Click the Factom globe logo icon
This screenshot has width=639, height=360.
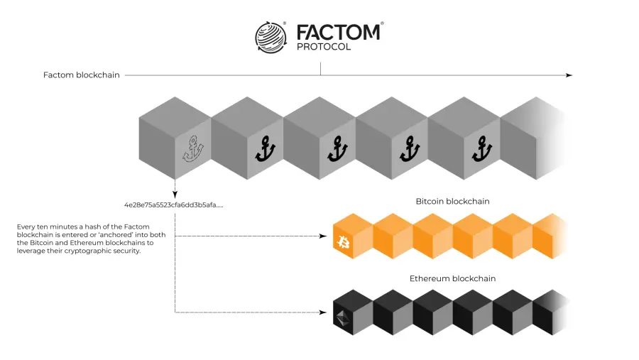click(x=271, y=37)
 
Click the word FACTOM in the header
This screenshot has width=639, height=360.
click(x=338, y=32)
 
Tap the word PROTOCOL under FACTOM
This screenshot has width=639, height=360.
click(x=324, y=47)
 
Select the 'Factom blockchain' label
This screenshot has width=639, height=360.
click(x=82, y=75)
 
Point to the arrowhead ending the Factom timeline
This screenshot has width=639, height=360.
click(x=569, y=75)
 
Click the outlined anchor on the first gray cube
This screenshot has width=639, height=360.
click(x=193, y=149)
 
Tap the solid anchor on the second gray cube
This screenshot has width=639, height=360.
click(x=266, y=149)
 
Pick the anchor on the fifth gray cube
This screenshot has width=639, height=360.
click(x=482, y=149)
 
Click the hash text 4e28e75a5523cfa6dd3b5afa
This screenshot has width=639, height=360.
click(x=174, y=204)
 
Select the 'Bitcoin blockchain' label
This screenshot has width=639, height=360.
click(x=452, y=202)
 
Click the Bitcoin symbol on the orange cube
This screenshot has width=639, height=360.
click(x=344, y=242)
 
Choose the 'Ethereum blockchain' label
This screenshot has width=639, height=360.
click(x=452, y=278)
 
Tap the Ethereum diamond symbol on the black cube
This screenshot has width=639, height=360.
click(x=343, y=318)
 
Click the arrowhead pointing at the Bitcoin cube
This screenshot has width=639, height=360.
click(x=323, y=236)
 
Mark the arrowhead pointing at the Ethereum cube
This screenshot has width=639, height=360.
click(x=323, y=312)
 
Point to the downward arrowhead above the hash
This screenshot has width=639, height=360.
click(x=175, y=195)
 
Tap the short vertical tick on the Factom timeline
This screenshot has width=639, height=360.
click(x=321, y=69)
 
